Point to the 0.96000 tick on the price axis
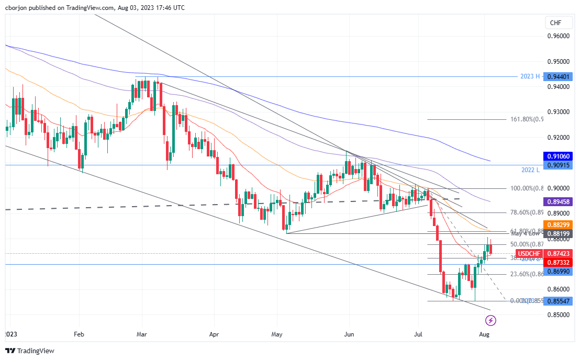557,36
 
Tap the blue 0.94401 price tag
558,76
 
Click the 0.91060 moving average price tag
558,156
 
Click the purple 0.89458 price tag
558,201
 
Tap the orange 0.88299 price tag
558,224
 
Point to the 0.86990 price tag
558,271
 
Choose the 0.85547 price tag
558,301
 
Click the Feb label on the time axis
79,333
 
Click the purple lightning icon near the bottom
491,320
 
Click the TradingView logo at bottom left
30,351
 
